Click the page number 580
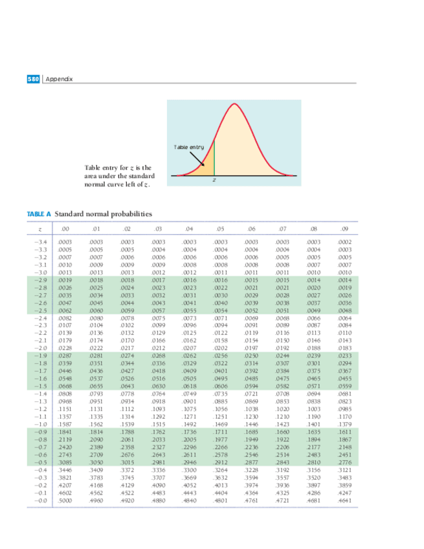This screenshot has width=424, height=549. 33,79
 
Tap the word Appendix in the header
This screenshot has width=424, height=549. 60,79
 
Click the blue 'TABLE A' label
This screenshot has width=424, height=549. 39,214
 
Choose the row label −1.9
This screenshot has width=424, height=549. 40,355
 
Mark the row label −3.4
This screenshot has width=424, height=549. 40,241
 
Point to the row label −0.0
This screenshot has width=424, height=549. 40,500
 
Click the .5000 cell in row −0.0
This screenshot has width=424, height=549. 65,500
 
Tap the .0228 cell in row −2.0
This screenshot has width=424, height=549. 65,348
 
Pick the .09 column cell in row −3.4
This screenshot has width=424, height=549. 345,241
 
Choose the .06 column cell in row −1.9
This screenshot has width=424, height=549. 251,355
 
